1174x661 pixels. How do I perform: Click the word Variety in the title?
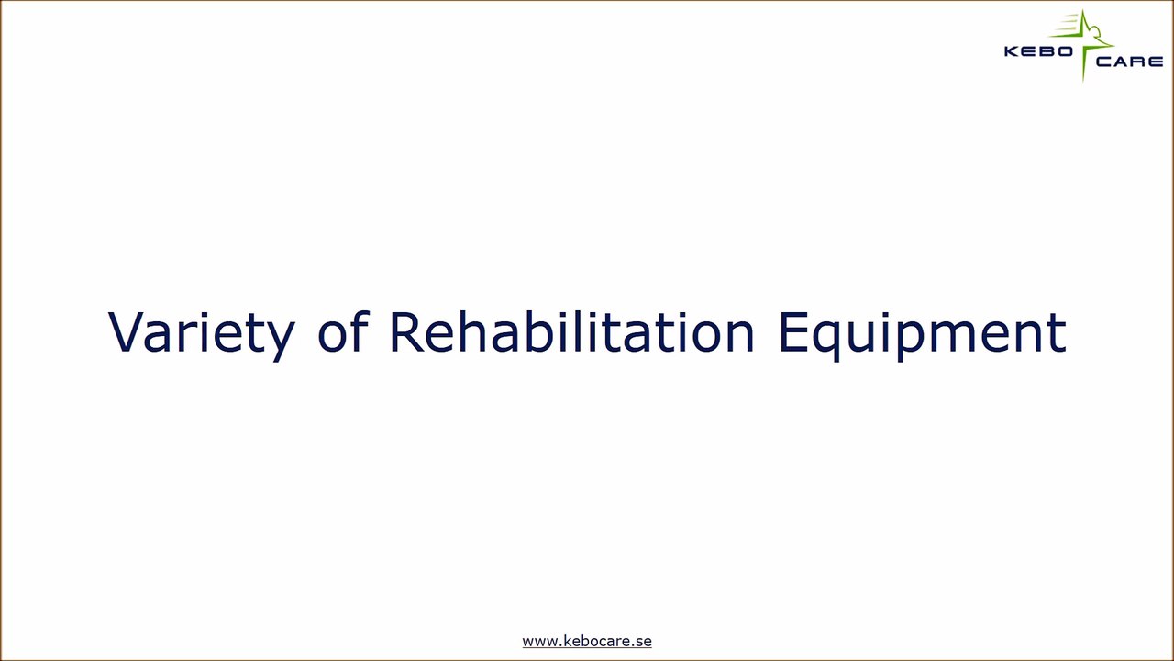click(x=201, y=332)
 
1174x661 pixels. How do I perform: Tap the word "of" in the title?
click(x=342, y=332)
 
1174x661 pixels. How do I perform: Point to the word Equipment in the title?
click(x=922, y=332)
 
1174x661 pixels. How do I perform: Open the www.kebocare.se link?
click(x=587, y=641)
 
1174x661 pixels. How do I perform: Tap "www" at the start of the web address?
click(x=538, y=641)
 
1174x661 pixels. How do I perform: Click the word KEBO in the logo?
click(x=1039, y=51)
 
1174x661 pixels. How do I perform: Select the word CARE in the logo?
click(x=1129, y=62)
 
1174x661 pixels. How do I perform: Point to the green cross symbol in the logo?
click(x=1085, y=41)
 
